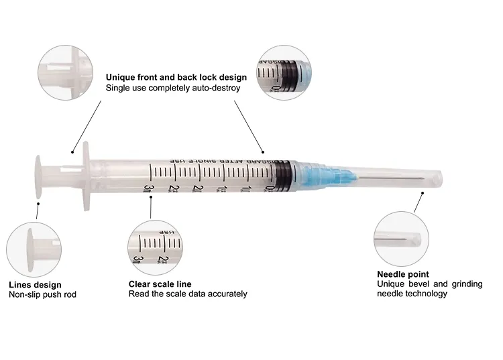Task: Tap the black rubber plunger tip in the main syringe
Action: [283, 174]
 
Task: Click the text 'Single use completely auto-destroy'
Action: [173, 88]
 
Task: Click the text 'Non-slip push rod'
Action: [42, 294]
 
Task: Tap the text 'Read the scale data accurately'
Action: [187, 294]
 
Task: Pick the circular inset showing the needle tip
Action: [400, 235]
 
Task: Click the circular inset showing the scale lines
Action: [154, 245]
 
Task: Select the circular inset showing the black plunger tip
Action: [286, 72]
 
